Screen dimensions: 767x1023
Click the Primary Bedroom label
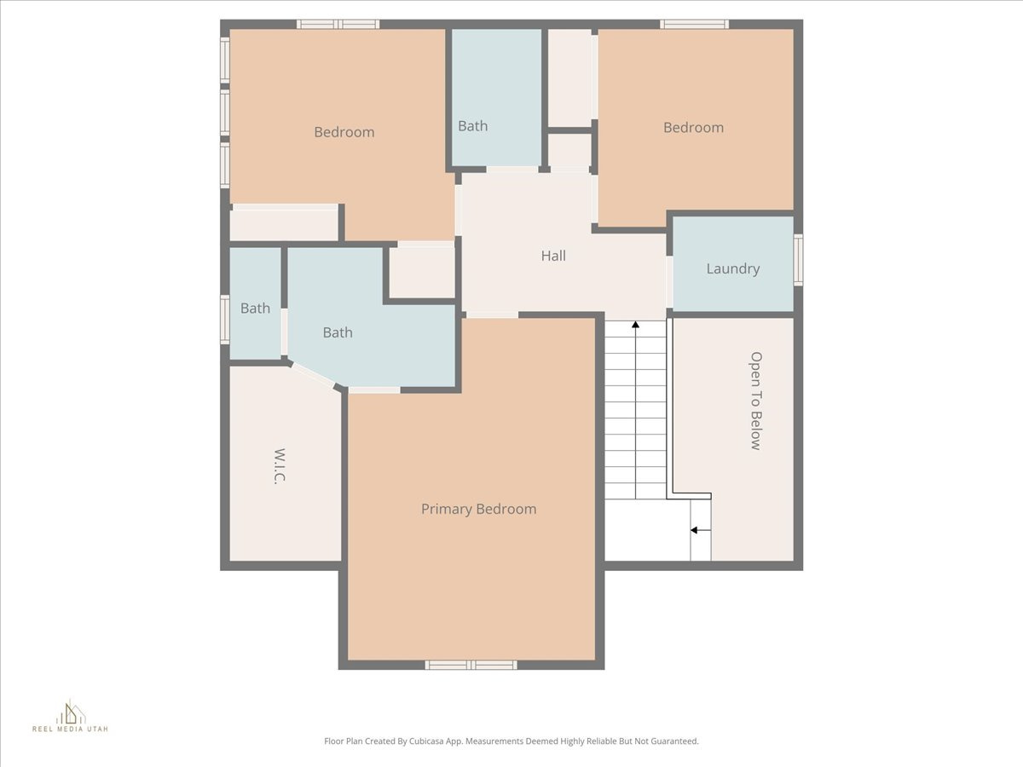coord(478,509)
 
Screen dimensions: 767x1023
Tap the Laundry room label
coord(732,268)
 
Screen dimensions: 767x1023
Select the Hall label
coord(553,256)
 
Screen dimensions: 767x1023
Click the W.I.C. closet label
coord(280,466)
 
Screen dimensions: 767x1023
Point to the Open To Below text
coord(755,401)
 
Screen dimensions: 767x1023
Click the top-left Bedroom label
coord(344,132)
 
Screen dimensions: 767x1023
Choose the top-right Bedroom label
coord(693,127)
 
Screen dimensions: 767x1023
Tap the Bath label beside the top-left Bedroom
coord(472,126)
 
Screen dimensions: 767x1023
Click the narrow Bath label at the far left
coord(255,309)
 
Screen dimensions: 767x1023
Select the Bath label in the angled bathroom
coord(338,332)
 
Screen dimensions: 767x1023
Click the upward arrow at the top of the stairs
coord(635,325)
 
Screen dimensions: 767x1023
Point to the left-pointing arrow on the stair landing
coord(695,530)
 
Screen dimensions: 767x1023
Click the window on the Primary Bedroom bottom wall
coord(471,665)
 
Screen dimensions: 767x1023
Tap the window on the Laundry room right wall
coord(798,260)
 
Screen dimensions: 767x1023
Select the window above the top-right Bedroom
coord(695,24)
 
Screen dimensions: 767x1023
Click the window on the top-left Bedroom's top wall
coord(338,24)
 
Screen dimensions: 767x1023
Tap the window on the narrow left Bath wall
coord(225,320)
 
